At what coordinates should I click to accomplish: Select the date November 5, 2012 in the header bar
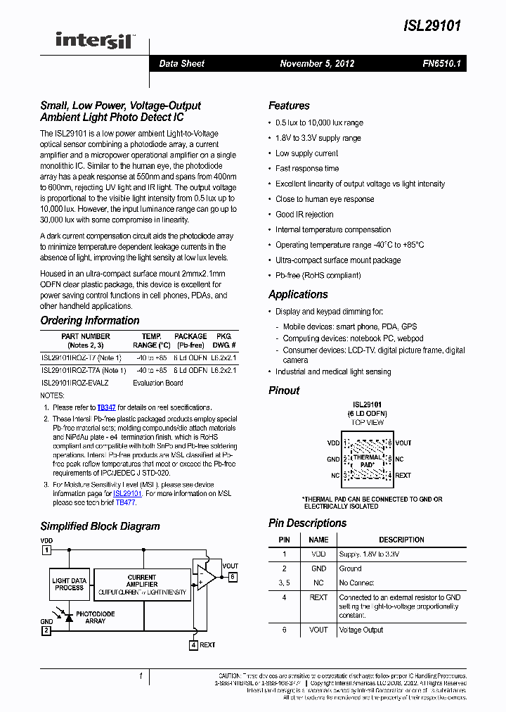point(317,63)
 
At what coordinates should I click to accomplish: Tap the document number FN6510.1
point(441,63)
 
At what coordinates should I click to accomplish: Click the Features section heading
point(289,106)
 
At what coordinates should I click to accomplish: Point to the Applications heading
point(298,294)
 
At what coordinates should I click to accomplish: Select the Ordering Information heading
point(89,320)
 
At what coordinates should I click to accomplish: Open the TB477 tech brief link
point(126,503)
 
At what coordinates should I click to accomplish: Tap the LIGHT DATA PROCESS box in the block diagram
point(70,585)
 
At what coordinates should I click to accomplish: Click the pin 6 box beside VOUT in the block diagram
point(232,577)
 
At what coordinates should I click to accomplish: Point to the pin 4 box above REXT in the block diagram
point(193,644)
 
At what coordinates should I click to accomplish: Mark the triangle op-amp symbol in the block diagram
point(205,577)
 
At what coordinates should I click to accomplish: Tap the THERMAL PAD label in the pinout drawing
point(367,461)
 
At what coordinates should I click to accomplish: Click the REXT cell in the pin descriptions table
point(318,597)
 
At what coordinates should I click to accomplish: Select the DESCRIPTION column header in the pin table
point(401,540)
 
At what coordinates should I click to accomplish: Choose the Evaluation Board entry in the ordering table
point(157,383)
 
